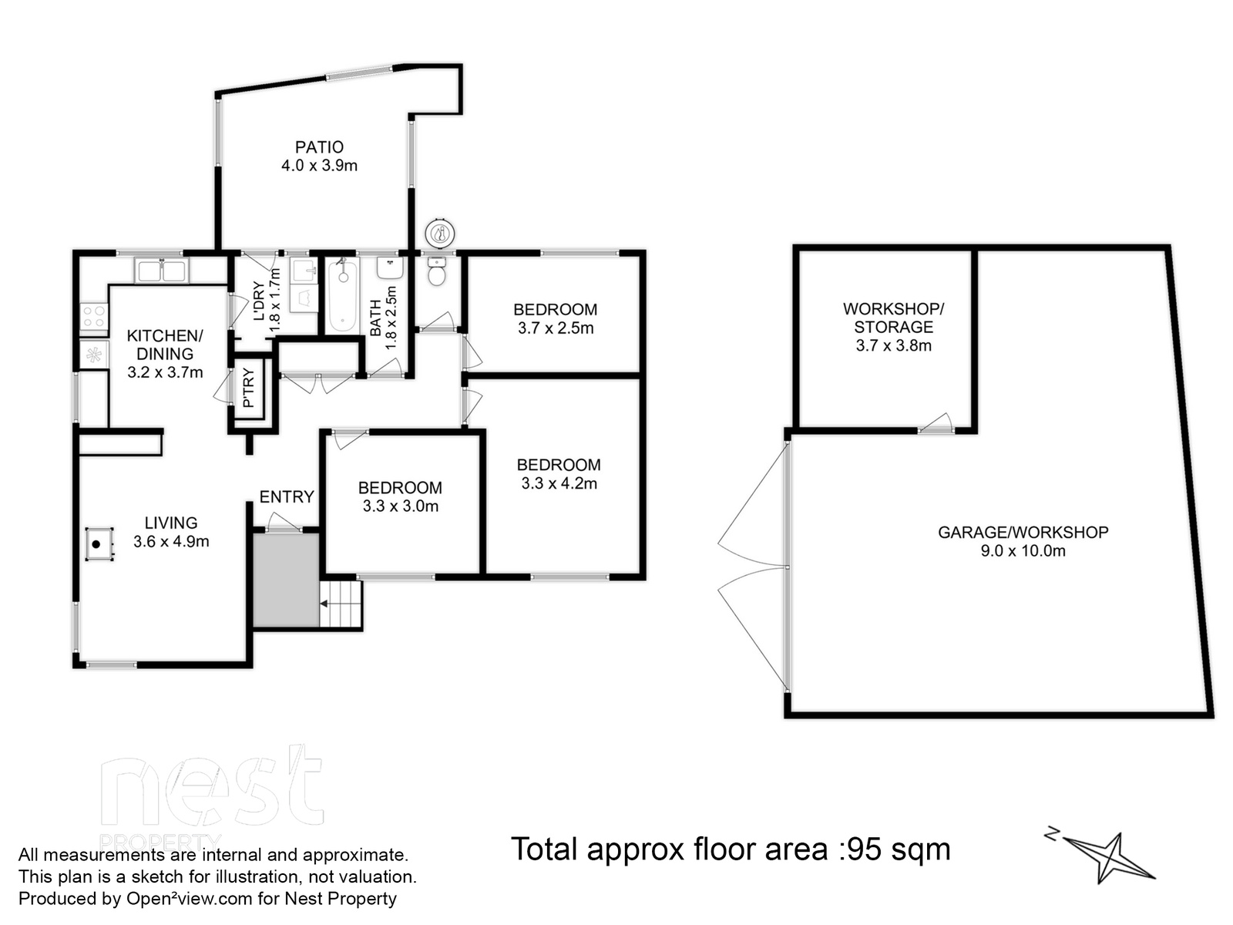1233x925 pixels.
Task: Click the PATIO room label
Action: click(319, 147)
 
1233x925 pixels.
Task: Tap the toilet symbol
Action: click(436, 272)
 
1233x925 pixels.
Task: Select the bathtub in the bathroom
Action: click(343, 294)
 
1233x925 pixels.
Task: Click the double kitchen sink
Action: click(162, 271)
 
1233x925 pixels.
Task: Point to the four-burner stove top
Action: click(93, 316)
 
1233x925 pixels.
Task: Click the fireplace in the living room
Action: click(99, 543)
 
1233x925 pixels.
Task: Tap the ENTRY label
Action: click(287, 497)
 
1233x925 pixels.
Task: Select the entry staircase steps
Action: click(341, 604)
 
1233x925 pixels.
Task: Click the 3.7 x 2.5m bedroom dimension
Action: click(556, 328)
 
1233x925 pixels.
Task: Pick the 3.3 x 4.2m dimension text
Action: click(559, 483)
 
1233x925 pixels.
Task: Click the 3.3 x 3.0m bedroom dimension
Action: click(401, 506)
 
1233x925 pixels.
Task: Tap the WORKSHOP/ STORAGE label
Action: click(893, 318)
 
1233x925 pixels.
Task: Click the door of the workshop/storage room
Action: click(936, 424)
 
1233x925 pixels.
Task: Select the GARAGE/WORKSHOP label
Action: click(1023, 533)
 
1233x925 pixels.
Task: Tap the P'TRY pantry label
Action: click(248, 388)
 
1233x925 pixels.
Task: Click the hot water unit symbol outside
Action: click(440, 233)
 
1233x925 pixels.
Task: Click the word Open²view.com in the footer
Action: click(189, 899)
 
